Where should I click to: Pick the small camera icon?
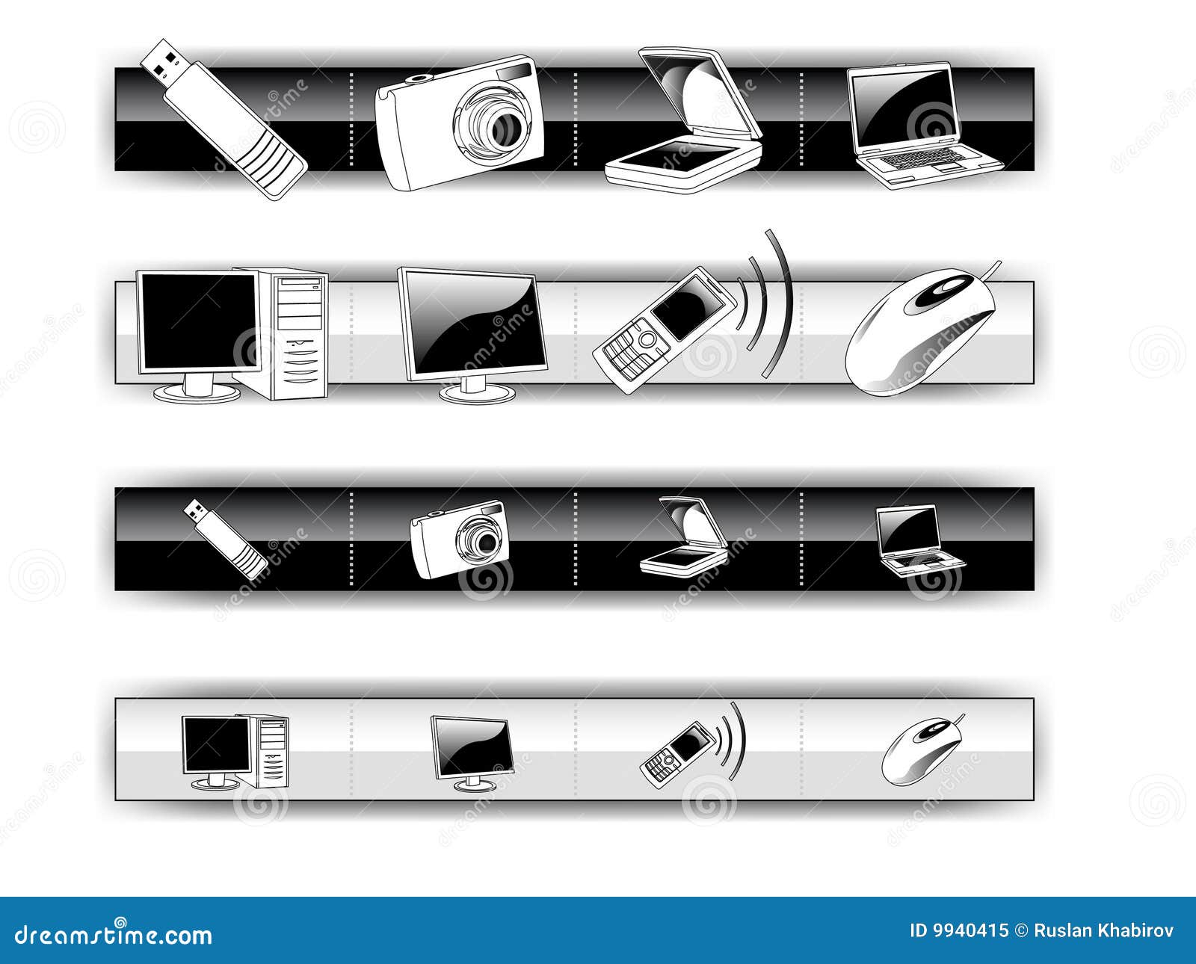(460, 539)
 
